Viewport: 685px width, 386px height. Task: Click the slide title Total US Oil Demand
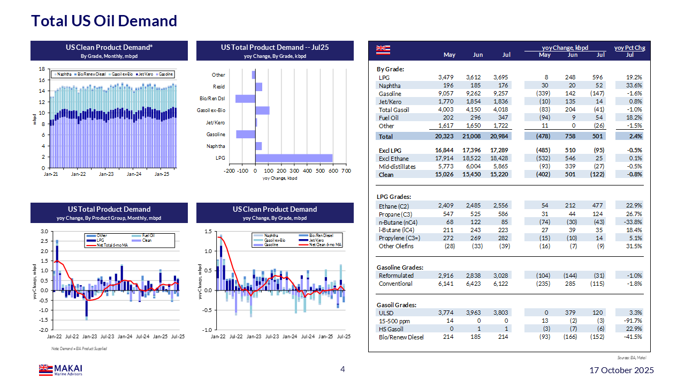pyautogui.click(x=104, y=21)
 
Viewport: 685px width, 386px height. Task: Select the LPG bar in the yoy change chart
pyautogui.click(x=294, y=158)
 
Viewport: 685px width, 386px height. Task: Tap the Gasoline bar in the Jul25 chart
pyautogui.click(x=246, y=134)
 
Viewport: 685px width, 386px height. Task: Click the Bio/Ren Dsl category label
pyautogui.click(x=212, y=99)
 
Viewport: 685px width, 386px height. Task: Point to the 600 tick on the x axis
pyautogui.click(x=320, y=170)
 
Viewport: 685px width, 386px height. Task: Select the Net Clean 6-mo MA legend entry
pyautogui.click(x=326, y=244)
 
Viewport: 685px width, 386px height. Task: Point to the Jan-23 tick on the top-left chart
pyautogui.click(x=106, y=175)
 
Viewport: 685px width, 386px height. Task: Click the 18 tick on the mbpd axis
pyautogui.click(x=42, y=69)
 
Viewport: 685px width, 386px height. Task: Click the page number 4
pyautogui.click(x=342, y=369)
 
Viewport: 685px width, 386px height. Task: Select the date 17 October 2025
pyautogui.click(x=621, y=370)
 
